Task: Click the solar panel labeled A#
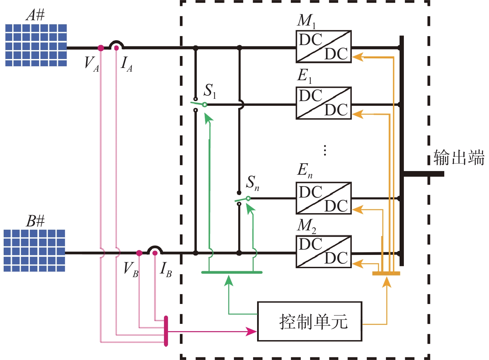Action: [x=36, y=45]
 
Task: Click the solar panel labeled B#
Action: [x=34, y=251]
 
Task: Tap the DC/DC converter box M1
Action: [x=323, y=47]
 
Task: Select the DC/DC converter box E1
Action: [x=323, y=103]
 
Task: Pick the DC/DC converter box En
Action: [x=323, y=198]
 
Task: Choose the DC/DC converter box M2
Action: [x=323, y=252]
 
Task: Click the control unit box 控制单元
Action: [x=309, y=321]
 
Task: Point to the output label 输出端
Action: [x=459, y=157]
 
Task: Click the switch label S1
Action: [x=210, y=90]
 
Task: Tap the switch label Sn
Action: [x=252, y=183]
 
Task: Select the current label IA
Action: [x=127, y=64]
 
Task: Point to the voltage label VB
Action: [x=131, y=269]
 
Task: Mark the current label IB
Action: [x=166, y=269]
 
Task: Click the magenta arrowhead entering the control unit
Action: [x=251, y=331]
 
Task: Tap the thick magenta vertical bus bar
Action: [x=166, y=331]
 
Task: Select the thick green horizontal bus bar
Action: [x=232, y=272]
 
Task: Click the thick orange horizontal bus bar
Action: [x=386, y=273]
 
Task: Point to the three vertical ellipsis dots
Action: [x=325, y=150]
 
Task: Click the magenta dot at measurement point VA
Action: [x=101, y=48]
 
